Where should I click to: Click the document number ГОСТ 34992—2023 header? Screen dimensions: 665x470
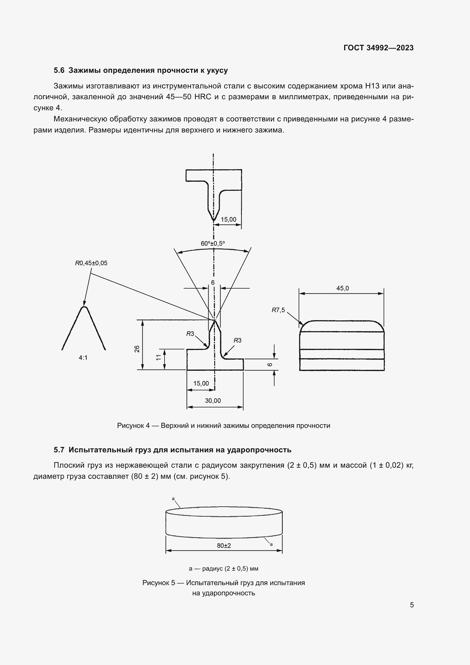[378, 48]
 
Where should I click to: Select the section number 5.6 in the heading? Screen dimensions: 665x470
[59, 71]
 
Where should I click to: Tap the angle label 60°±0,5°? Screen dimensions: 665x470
[213, 244]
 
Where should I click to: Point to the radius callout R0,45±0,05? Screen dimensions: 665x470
[91, 263]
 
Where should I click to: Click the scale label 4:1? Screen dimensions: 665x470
[83, 358]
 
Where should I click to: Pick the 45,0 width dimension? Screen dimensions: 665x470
[342, 288]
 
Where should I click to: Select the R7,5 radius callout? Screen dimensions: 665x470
[278, 310]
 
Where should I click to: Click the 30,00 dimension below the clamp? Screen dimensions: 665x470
[213, 401]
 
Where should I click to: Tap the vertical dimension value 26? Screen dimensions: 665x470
[137, 349]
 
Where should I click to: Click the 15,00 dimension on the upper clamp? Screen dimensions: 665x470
[228, 219]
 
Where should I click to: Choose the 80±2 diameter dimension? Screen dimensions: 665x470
[224, 546]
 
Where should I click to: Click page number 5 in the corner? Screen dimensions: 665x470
[411, 605]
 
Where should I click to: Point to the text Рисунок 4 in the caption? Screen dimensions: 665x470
[134, 426]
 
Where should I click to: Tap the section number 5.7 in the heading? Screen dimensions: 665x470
[59, 450]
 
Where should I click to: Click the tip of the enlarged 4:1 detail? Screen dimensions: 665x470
[84, 307]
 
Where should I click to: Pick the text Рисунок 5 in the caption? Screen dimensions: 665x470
[159, 583]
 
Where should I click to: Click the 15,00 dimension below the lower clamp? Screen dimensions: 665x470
[201, 384]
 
